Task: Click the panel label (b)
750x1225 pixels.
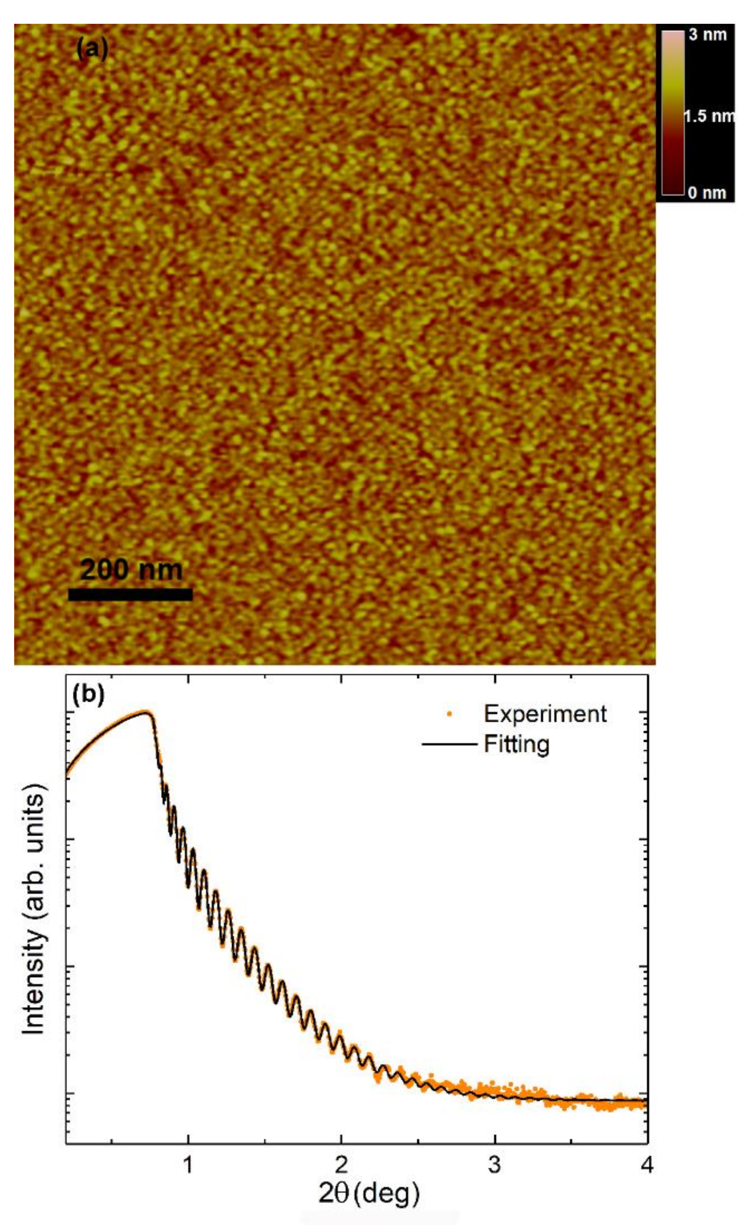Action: [88, 695]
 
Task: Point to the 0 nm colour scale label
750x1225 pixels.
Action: [707, 192]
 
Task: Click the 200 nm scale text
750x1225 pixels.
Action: [131, 570]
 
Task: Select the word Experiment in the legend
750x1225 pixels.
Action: [545, 714]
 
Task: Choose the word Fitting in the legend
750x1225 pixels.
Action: [517, 745]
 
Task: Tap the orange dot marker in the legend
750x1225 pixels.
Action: [449, 714]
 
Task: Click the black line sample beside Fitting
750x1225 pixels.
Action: [449, 745]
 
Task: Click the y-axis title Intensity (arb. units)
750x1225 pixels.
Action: [34, 910]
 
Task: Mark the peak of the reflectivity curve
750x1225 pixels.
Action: [146, 712]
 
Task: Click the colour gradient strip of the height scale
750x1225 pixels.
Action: [672, 113]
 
